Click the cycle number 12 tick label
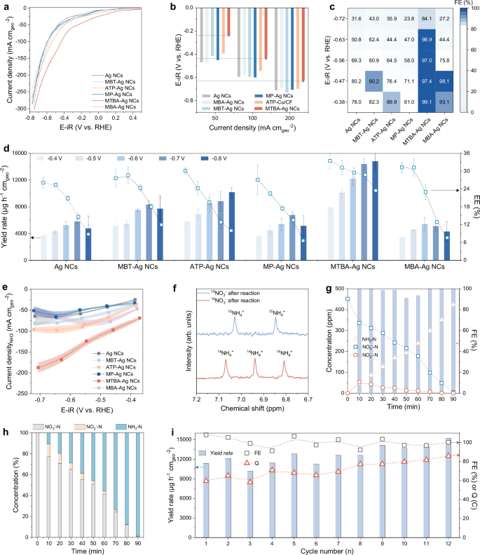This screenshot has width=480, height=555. (447, 542)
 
